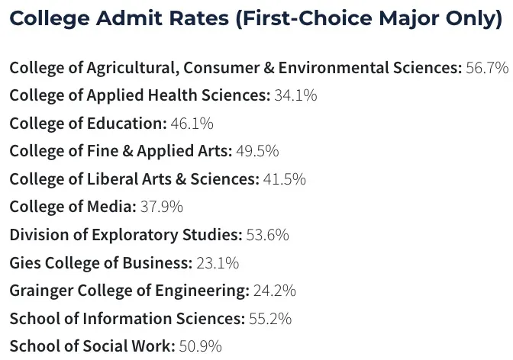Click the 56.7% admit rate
[x=486, y=68]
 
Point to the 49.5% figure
[x=257, y=151]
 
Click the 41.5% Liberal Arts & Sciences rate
[x=285, y=179]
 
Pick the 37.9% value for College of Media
[x=161, y=207]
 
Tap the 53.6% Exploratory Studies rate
[x=267, y=235]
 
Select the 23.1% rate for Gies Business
[x=218, y=263]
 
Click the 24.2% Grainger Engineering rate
[x=274, y=291]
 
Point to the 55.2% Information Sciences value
[x=270, y=319]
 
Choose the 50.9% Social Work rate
[x=200, y=346]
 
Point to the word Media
[x=114, y=207]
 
